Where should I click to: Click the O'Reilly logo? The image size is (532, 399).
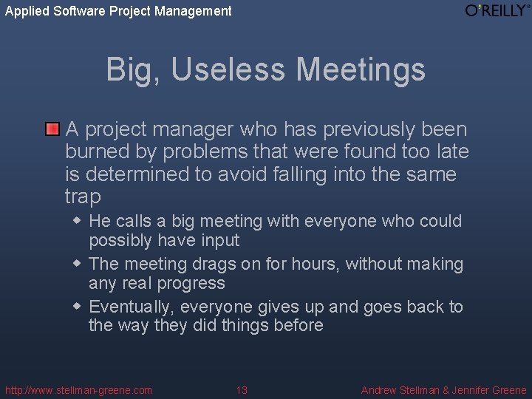pos(497,10)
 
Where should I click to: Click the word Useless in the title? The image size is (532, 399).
pos(231,70)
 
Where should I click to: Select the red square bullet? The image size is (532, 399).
pos(52,130)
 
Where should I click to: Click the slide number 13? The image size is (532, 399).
pos(242,390)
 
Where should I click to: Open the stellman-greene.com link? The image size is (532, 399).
pos(78,390)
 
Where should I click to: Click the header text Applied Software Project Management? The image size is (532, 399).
pos(118,11)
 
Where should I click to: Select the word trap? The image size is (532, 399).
pos(82,197)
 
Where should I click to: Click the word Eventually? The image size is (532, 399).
pos(132,307)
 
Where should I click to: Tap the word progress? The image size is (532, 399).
pos(190,284)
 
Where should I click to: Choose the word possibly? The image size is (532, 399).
pos(122,241)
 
